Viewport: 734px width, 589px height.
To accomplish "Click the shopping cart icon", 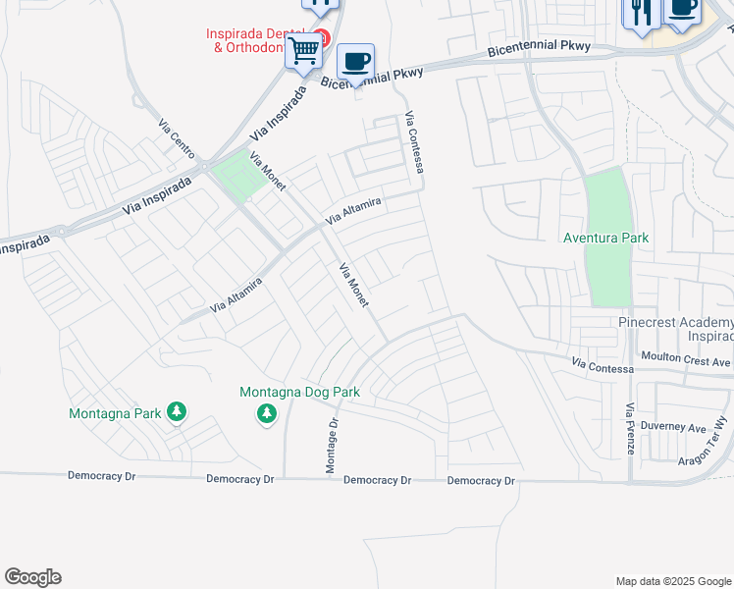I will (x=305, y=49).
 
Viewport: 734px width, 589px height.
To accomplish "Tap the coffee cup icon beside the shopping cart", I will (x=356, y=60).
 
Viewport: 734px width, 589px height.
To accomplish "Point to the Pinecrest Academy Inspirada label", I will (x=675, y=330).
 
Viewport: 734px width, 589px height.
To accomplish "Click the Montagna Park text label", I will (x=114, y=413).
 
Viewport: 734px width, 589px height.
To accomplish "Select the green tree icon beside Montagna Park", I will (x=177, y=412).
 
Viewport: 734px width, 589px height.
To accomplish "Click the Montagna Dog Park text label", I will (x=300, y=393).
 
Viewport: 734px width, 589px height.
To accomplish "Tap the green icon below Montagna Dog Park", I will (x=267, y=415).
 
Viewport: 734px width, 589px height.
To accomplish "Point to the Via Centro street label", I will (x=177, y=138).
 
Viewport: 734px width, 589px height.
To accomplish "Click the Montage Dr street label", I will (x=333, y=446).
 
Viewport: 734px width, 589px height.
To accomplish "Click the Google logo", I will (x=32, y=577).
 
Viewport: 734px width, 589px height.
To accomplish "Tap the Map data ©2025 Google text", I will (x=673, y=581).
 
